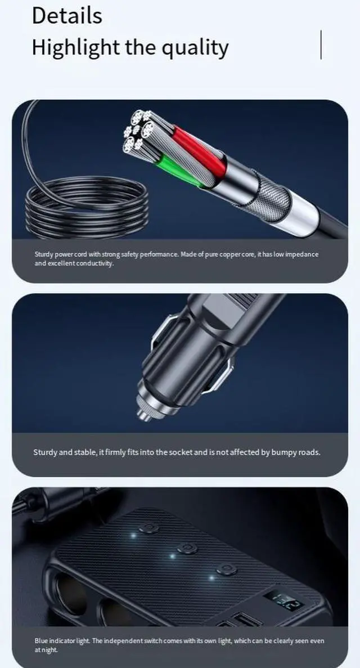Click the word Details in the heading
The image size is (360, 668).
pyautogui.click(x=67, y=15)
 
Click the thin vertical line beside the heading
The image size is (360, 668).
pyautogui.click(x=321, y=44)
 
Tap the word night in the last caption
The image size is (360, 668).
pyautogui.click(x=49, y=650)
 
